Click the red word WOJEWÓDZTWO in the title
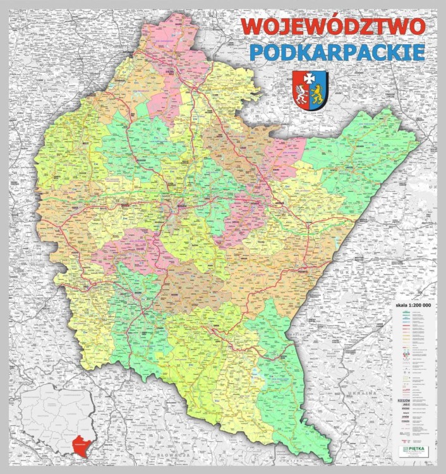tap(334, 27)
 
